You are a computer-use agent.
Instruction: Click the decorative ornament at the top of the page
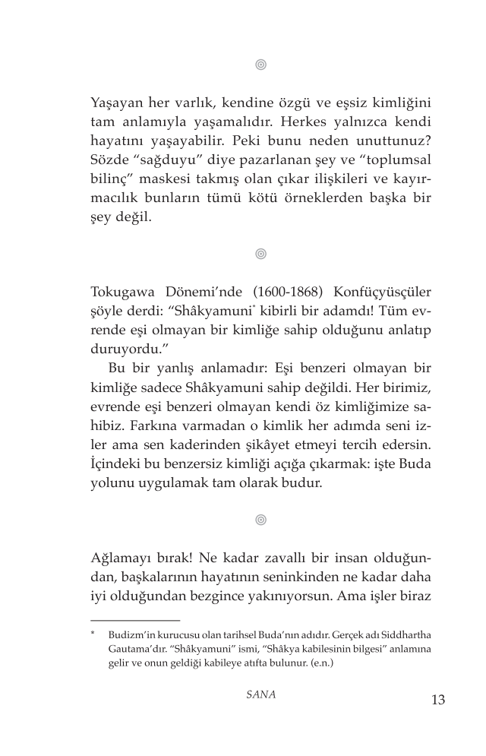pyautogui.click(x=260, y=65)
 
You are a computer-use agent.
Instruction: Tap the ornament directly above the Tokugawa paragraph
pyautogui.click(x=260, y=254)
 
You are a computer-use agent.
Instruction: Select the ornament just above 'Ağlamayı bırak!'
pyautogui.click(x=260, y=520)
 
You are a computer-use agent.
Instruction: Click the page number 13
pyautogui.click(x=437, y=699)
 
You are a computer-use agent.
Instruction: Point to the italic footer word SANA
pyautogui.click(x=260, y=695)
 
